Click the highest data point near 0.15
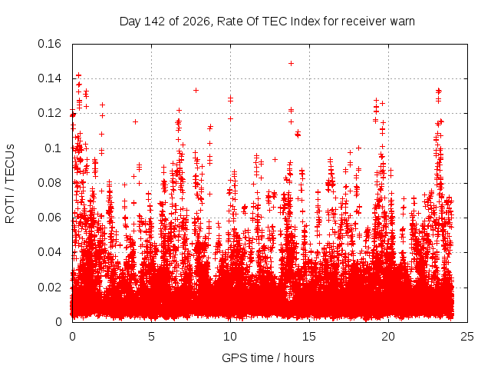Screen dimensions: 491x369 click(x=291, y=63)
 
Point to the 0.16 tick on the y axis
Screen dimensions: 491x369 click(x=49, y=44)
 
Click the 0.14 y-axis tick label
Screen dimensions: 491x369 click(x=49, y=78)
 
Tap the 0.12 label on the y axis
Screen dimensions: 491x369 click(x=49, y=113)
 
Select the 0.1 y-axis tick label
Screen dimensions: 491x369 click(x=53, y=148)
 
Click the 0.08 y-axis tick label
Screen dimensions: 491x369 click(x=49, y=183)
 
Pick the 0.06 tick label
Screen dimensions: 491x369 click(x=49, y=218)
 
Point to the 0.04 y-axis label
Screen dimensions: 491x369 click(x=49, y=252)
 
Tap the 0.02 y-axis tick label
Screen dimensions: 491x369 click(x=49, y=287)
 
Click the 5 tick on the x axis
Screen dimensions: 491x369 click(x=152, y=337)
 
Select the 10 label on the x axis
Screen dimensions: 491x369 click(x=230, y=337)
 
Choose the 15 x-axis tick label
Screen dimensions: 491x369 click(x=309, y=337)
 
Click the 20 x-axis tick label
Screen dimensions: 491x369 click(x=388, y=337)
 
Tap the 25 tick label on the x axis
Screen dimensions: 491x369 click(x=467, y=337)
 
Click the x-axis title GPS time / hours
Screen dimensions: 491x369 click(x=268, y=358)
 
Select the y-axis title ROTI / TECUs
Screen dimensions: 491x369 click(x=10, y=184)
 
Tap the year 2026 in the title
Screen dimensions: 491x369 click(x=196, y=22)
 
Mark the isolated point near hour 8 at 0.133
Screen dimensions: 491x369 click(x=196, y=91)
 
